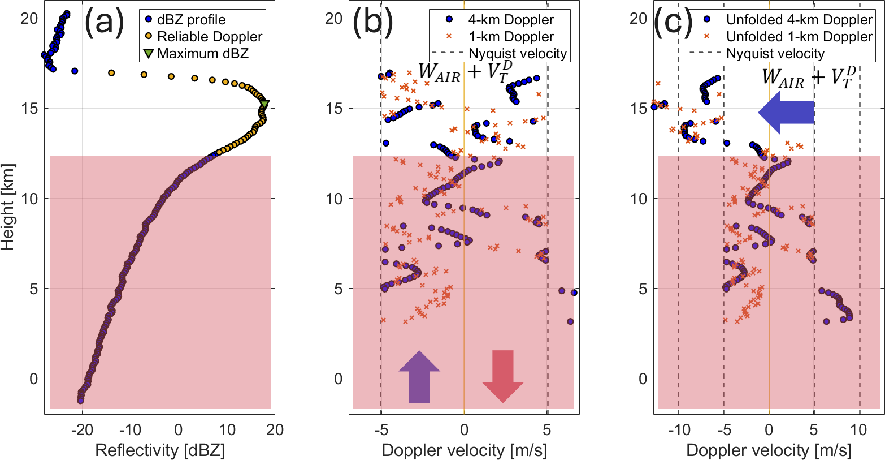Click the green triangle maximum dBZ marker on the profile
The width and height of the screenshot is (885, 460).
(264, 104)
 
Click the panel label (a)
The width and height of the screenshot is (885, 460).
(104, 24)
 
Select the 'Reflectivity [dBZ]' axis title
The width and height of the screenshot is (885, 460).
(160, 450)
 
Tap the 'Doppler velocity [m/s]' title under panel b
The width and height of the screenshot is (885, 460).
(464, 450)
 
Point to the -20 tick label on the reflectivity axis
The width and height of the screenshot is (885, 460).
(83, 430)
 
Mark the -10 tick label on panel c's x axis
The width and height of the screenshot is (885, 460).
(679, 430)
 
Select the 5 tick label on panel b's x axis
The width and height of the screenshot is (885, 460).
(548, 430)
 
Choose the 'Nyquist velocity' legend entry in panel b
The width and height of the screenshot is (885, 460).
(518, 54)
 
